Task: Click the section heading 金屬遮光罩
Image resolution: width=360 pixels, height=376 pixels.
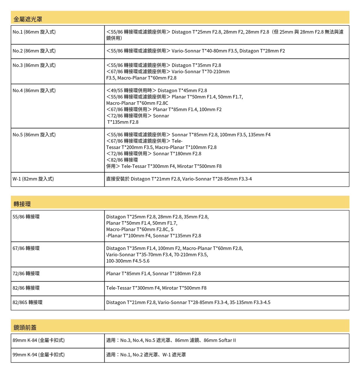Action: tap(28, 19)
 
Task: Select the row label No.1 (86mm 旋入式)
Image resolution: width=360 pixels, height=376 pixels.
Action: tap(34, 32)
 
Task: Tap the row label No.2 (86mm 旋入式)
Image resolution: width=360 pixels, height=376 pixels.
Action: tap(34, 51)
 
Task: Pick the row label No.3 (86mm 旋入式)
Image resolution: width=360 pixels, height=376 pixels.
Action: tap(34, 65)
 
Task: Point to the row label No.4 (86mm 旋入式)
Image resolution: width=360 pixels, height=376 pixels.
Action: tap(34, 91)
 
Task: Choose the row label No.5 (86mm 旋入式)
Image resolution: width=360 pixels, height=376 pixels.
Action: tap(34, 135)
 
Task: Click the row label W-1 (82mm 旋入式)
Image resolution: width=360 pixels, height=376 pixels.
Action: tap(33, 179)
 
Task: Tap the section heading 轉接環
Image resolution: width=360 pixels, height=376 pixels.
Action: tap(22, 204)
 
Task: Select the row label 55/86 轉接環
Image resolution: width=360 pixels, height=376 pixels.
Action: tap(26, 217)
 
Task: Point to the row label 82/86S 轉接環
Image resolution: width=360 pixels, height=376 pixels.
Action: tap(28, 303)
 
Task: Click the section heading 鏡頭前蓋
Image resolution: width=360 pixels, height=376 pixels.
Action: tap(25, 328)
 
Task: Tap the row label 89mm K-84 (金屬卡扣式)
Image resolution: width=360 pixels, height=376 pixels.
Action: tap(39, 340)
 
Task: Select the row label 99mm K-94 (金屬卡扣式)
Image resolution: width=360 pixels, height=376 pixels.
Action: tap(39, 355)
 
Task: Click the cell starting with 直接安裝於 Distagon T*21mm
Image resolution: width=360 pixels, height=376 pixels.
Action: tap(179, 179)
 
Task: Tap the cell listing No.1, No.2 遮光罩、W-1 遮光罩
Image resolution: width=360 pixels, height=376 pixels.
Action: tap(146, 355)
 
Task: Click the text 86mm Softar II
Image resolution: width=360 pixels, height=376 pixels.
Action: tap(220, 340)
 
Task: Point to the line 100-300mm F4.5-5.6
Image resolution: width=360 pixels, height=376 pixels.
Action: tap(128, 261)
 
